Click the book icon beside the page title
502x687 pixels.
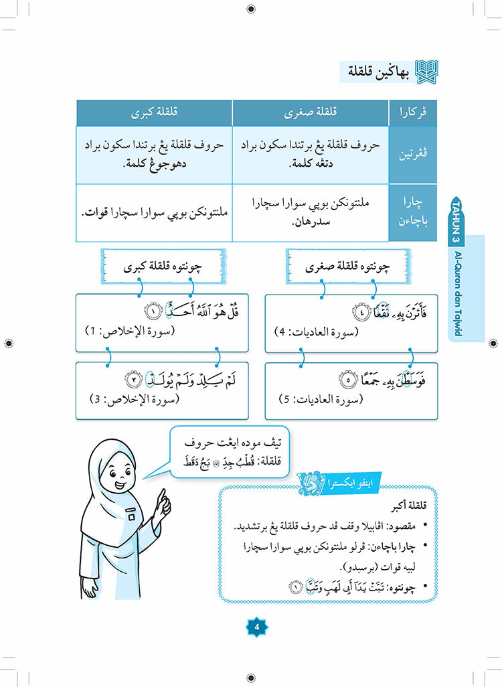pos(427,70)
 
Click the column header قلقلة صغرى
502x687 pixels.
pos(310,113)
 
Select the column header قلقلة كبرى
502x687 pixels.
pos(154,113)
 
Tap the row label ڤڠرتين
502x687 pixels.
pos(412,155)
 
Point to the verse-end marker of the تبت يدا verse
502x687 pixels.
pos(295,588)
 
